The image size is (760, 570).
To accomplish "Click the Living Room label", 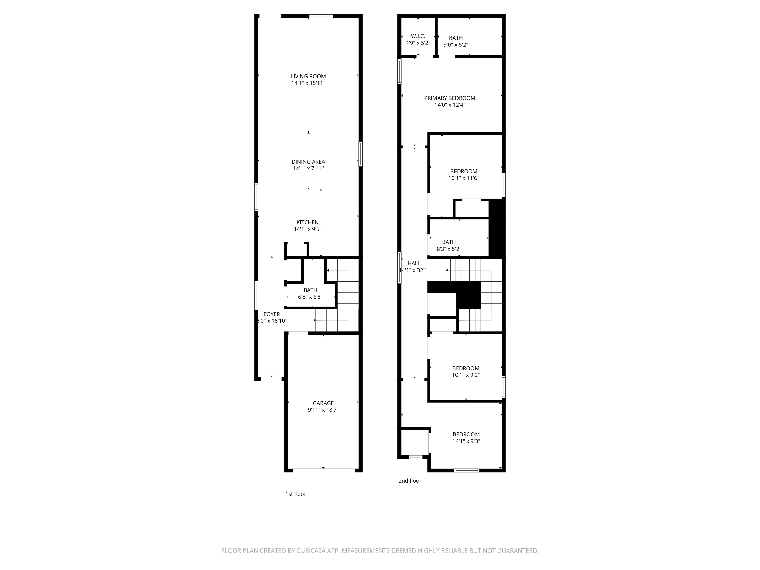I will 308,76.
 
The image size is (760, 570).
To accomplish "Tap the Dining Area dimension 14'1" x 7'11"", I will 308,168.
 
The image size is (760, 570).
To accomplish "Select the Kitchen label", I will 308,222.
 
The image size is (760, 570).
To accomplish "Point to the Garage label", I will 323,403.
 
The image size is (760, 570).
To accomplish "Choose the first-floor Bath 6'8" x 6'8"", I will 310,293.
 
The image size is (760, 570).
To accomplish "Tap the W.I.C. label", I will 418,36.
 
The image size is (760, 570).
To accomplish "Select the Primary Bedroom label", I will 450,98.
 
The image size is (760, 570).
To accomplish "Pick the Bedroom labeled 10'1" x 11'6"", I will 464,171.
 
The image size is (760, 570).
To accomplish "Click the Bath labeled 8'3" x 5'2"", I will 449,242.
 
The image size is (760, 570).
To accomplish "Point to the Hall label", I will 414,263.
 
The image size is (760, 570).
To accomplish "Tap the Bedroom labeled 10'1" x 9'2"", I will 466,368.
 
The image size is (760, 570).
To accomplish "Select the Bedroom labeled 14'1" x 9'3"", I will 466,434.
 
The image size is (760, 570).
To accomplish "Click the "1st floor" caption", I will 295,494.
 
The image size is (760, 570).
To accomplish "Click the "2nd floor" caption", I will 410,480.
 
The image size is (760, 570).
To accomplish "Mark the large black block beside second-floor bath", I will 497,229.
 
